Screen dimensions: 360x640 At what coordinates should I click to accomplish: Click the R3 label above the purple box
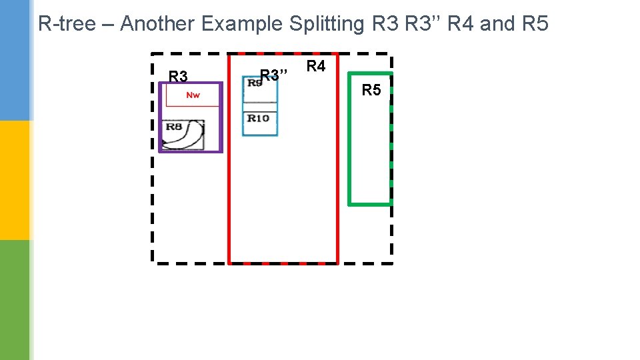pos(178,76)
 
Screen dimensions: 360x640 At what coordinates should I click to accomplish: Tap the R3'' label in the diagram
pos(273,74)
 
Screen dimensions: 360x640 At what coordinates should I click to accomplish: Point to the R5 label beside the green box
pos(371,89)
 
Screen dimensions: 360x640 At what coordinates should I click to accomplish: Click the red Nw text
pos(193,95)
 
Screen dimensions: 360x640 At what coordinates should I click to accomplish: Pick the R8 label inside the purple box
pos(173,126)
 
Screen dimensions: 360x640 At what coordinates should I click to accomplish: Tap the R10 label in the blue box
pos(258,118)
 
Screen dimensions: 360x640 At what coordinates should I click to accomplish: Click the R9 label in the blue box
pos(253,83)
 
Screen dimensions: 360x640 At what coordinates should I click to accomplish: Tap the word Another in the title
pos(157,24)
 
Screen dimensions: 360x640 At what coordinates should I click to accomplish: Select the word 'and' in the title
pos(497,24)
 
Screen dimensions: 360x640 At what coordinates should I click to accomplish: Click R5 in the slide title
pos(534,24)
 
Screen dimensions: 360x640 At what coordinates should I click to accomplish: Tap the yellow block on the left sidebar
pos(15,180)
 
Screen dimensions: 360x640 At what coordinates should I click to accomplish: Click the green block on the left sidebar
pos(15,300)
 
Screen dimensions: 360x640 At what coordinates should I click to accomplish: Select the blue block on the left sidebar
pos(15,60)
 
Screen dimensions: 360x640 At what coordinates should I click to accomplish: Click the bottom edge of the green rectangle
pos(371,203)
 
